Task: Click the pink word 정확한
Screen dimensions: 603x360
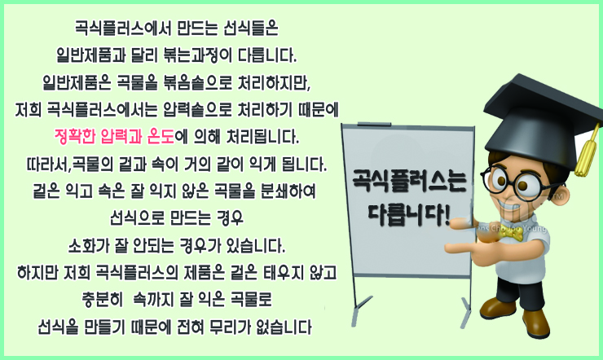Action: pos(75,137)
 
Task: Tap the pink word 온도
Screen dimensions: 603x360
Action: pos(161,137)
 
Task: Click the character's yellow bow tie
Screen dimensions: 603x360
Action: pos(512,233)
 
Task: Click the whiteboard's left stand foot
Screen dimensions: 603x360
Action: pos(361,310)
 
